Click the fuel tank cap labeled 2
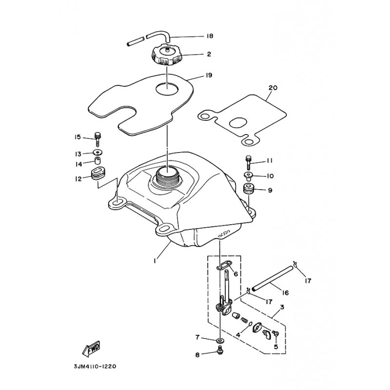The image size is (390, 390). click(166, 54)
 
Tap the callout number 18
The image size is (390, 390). click(210, 36)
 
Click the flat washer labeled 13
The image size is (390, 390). click(98, 152)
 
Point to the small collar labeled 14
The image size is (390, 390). click(98, 160)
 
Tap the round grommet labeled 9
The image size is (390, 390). click(249, 189)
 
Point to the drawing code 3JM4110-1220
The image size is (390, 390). click(95, 367)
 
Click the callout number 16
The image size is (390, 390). click(286, 293)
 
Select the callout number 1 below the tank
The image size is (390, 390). click(155, 261)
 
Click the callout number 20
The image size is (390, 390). click(273, 88)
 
